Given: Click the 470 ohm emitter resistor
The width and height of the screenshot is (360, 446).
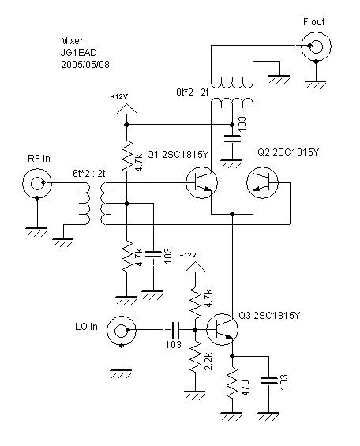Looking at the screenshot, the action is click(x=232, y=384).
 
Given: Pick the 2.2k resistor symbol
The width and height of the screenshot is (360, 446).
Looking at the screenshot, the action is click(x=195, y=356).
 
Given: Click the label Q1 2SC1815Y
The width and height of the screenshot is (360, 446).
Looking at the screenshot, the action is click(x=178, y=155).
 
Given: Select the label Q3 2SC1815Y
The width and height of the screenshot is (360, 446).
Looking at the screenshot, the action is click(x=269, y=316).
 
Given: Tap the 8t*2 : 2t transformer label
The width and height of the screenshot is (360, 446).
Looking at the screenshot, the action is click(x=193, y=92).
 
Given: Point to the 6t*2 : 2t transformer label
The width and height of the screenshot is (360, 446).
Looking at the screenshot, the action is click(x=88, y=173).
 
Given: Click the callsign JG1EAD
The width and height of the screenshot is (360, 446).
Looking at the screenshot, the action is click(x=79, y=53).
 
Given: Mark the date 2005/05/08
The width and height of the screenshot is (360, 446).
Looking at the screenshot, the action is click(x=85, y=64).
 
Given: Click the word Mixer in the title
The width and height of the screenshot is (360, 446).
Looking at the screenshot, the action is click(x=72, y=41).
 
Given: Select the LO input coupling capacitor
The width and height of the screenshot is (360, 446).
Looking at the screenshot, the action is click(x=174, y=330).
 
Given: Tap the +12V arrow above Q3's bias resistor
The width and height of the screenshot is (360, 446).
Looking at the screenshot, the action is click(x=195, y=267).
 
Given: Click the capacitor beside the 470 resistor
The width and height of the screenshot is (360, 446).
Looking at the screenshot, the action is click(x=268, y=380).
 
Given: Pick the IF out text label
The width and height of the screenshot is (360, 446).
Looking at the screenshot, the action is click(x=313, y=22).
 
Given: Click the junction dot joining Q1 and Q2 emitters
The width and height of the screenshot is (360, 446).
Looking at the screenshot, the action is click(x=232, y=214).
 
